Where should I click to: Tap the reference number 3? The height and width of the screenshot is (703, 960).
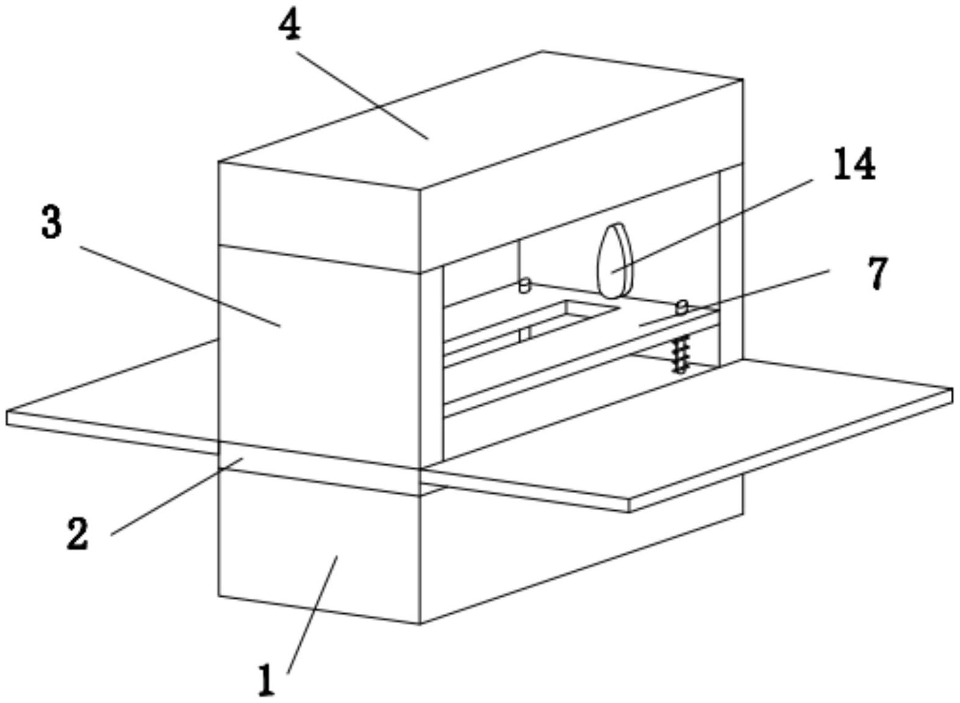point(52,223)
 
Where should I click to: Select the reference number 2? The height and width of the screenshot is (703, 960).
point(77,534)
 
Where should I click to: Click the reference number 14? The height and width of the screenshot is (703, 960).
point(854,164)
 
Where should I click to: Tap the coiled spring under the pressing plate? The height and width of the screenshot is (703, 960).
point(681,354)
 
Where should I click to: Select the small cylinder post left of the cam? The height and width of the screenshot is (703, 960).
point(523,285)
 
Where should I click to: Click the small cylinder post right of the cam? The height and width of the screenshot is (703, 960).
point(682,306)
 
